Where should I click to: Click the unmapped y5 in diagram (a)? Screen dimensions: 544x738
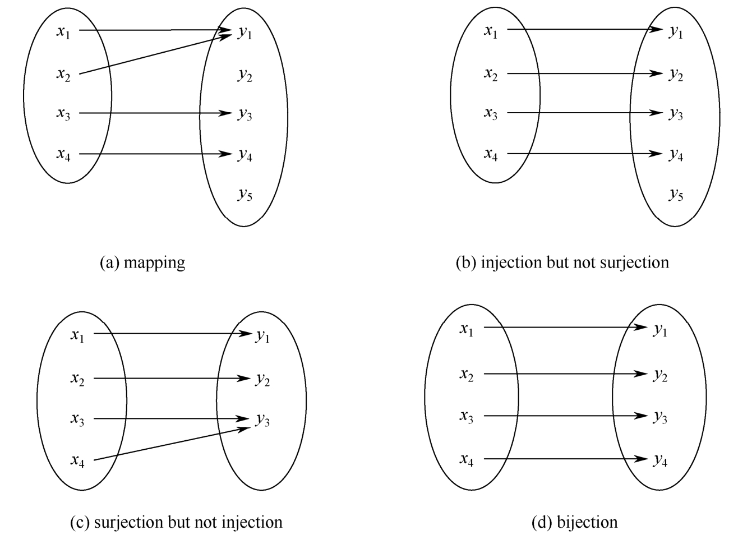245,195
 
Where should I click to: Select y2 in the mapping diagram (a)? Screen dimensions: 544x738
245,75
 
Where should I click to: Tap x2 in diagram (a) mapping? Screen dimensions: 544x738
63,74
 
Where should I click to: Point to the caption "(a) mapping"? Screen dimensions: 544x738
142,262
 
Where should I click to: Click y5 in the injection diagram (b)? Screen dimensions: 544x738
676,195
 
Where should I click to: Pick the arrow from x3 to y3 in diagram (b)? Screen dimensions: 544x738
583,113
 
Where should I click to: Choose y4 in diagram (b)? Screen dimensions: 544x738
676,155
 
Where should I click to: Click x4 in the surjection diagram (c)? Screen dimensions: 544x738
78,461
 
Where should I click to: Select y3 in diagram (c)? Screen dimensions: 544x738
262,419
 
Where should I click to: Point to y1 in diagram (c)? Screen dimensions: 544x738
262,337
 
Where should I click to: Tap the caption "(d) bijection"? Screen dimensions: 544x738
574,522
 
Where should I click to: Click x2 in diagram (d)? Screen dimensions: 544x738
467,374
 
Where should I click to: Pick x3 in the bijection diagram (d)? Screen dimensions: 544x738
467,416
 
